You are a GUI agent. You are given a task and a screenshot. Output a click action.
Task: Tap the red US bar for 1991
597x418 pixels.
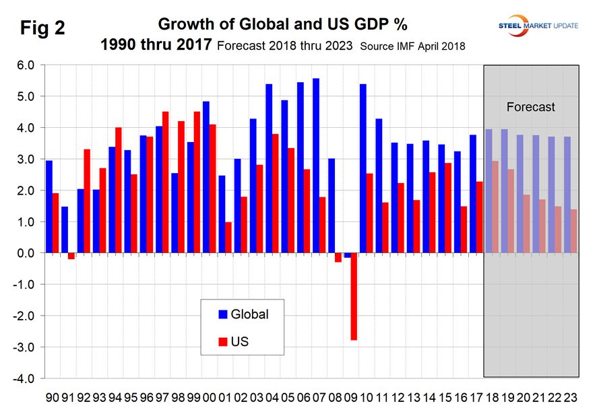point(71,256)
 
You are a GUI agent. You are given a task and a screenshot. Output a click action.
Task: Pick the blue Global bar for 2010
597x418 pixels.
point(363,169)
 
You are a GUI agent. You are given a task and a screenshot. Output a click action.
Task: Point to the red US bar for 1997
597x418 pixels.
point(166,182)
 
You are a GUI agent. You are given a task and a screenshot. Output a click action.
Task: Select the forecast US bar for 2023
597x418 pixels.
point(573,231)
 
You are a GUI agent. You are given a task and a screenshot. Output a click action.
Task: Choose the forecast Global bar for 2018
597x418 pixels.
point(489,191)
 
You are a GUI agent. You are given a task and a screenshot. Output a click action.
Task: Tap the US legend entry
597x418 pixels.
point(233,342)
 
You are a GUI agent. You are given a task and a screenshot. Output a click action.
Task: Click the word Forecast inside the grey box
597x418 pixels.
point(531,107)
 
